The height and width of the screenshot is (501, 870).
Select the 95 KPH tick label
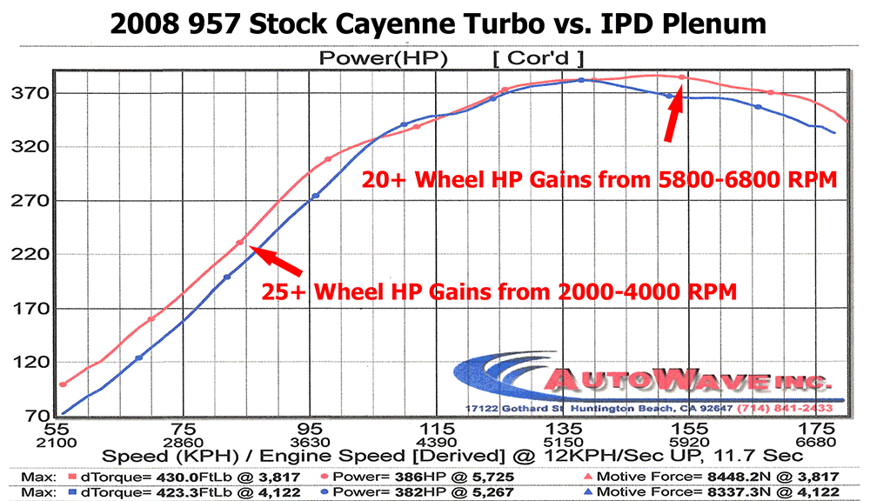click(x=311, y=430)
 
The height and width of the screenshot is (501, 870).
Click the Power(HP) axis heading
click(x=383, y=58)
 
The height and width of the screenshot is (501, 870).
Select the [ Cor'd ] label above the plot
click(x=537, y=58)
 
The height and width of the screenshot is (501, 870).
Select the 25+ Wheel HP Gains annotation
click(x=499, y=291)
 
